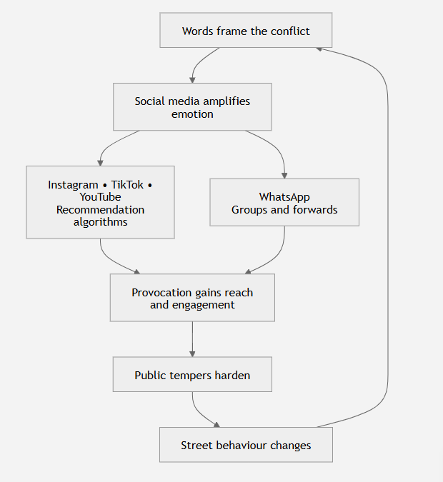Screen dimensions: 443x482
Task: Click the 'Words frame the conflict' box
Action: tap(246, 30)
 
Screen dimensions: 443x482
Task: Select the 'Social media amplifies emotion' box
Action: tap(192, 106)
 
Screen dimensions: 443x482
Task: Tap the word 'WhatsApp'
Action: tap(284, 197)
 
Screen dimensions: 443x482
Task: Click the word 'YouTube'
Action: tap(100, 197)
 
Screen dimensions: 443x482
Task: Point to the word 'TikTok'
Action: tap(127, 185)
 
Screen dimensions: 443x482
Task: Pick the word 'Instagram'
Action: tap(73, 185)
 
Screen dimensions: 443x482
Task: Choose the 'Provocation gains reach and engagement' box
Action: tap(192, 298)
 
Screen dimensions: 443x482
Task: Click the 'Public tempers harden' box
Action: tap(192, 374)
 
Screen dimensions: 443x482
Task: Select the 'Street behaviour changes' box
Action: tap(246, 444)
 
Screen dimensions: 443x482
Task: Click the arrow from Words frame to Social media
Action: tap(198, 63)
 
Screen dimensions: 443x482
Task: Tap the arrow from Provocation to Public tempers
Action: tap(192, 339)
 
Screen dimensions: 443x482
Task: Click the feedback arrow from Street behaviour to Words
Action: tap(387, 236)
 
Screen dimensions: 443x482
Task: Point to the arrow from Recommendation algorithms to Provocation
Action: tap(109, 258)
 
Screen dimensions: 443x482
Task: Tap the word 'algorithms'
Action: tap(100, 222)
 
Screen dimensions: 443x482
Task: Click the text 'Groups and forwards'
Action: tap(284, 210)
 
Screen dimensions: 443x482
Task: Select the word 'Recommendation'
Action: tap(100, 210)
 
